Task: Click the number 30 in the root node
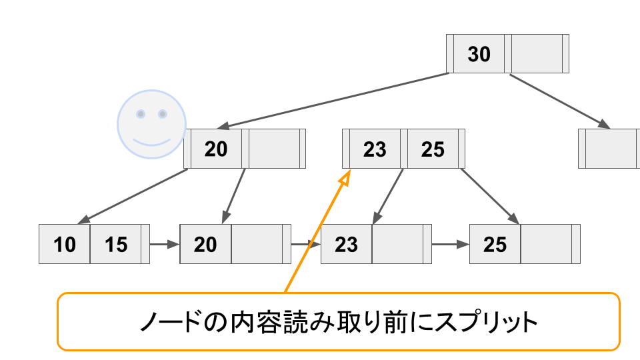[x=479, y=54]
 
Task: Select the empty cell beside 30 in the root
[x=537, y=54]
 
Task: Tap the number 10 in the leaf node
[x=65, y=245]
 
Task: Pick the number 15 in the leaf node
[x=116, y=245]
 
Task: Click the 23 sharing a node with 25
[x=375, y=149]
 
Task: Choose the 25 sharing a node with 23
[x=433, y=149]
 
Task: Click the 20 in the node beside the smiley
[x=216, y=149]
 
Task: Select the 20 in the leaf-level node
[x=205, y=245]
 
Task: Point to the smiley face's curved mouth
[x=151, y=141]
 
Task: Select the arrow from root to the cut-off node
[x=560, y=101]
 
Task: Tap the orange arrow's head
[x=345, y=177]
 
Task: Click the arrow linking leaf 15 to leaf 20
[x=165, y=244]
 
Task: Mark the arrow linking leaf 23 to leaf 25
[x=451, y=244]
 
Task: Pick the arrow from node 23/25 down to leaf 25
[x=490, y=196]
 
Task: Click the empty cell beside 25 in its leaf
[x=546, y=245]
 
